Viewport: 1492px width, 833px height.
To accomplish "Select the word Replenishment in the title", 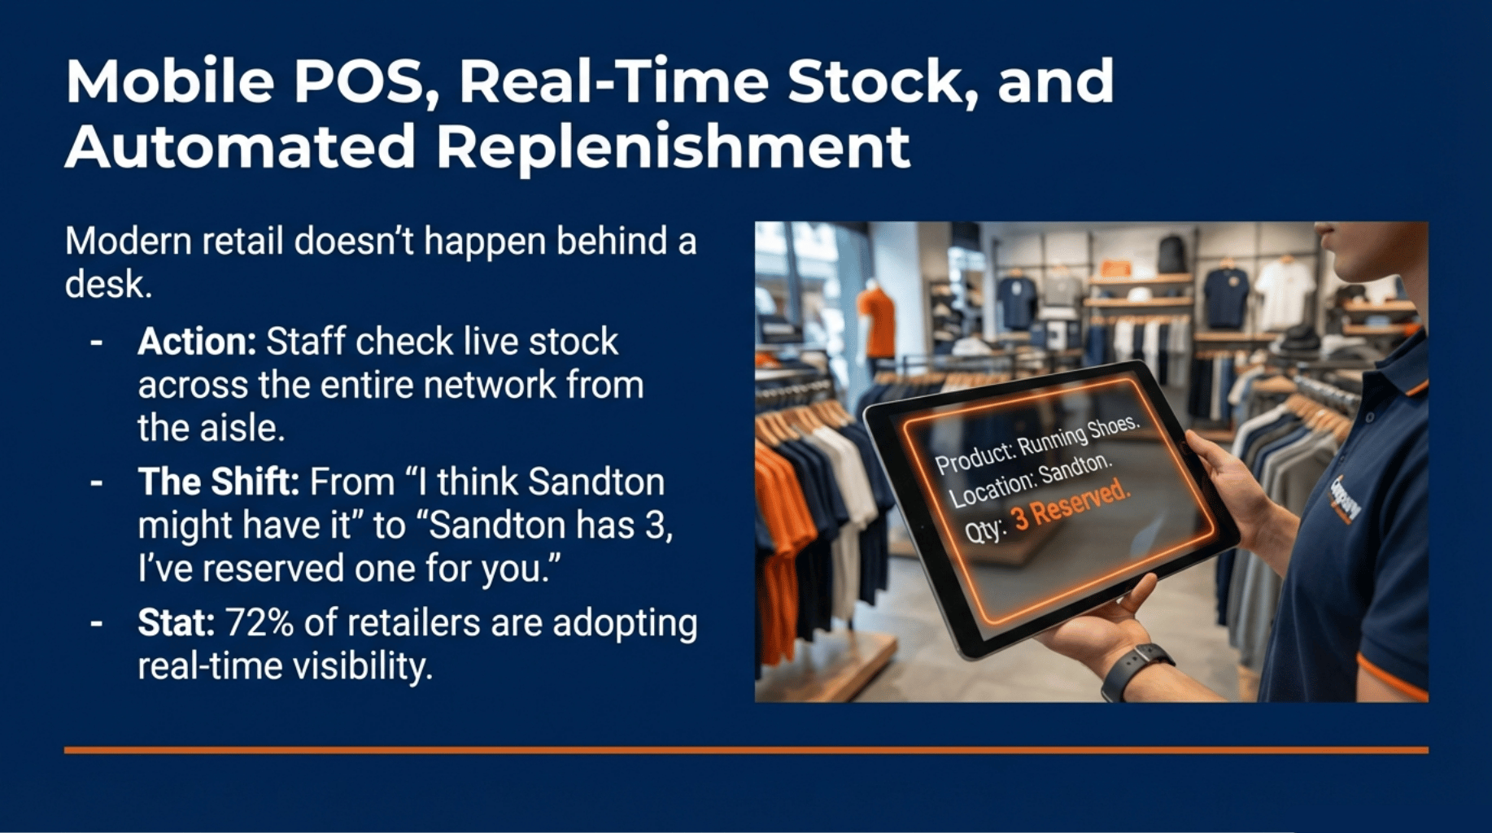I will (673, 147).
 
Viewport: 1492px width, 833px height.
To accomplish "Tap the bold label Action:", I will (197, 342).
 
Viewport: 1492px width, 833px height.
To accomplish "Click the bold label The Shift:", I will (218, 482).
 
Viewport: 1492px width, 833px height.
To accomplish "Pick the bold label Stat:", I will (176, 623).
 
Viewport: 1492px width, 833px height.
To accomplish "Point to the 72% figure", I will (259, 623).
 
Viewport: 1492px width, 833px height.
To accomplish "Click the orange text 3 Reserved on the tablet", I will (1071, 505).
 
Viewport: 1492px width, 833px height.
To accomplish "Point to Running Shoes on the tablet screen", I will (1079, 436).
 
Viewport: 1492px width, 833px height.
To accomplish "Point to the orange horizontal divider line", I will (746, 749).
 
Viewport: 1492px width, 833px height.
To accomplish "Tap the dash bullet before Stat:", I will (97, 623).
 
